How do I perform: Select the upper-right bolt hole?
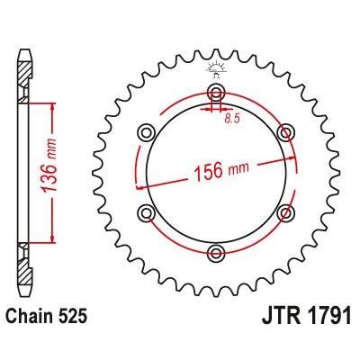click(286, 133)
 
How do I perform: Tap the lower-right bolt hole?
click(286, 211)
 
